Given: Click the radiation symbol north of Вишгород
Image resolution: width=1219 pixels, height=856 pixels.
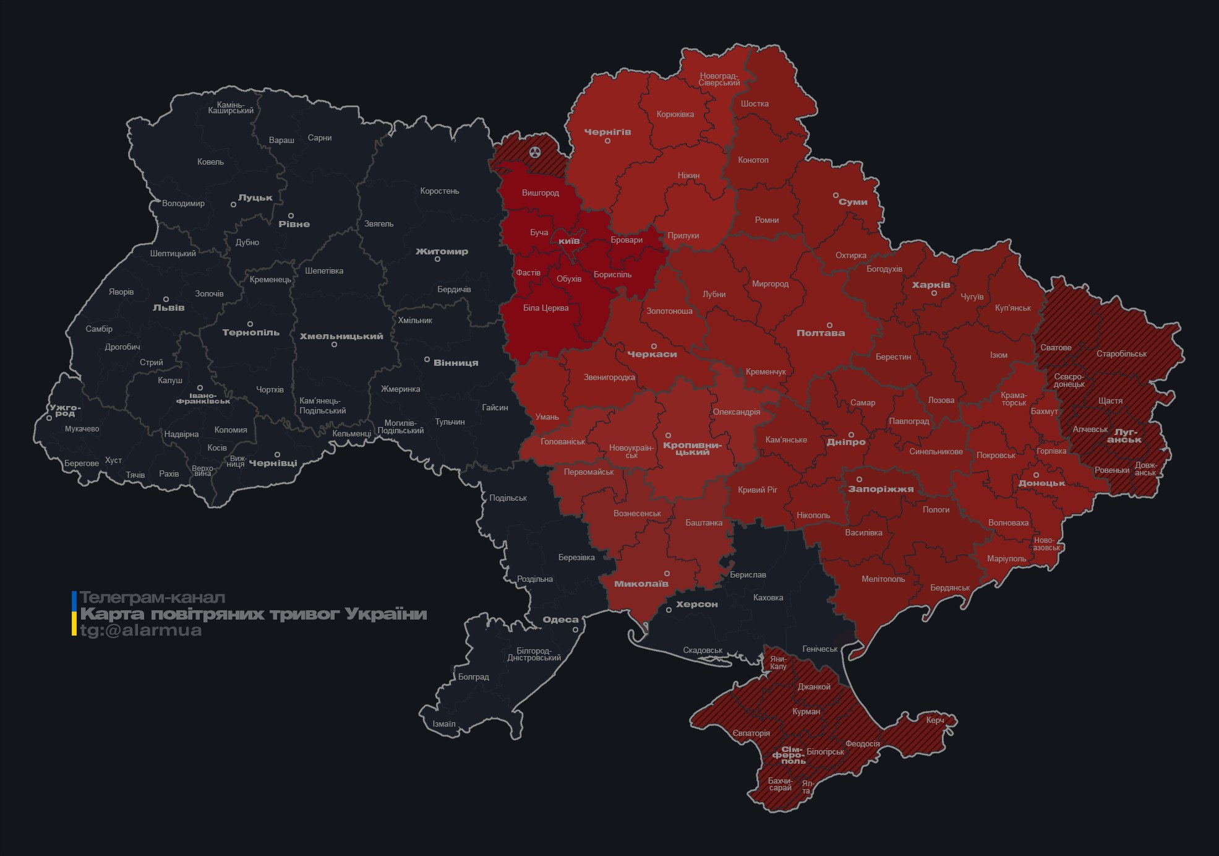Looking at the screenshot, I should click(535, 152).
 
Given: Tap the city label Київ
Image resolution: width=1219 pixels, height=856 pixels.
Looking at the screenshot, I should click(569, 241).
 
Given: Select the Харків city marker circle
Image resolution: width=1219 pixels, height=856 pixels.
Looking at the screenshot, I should click(935, 293).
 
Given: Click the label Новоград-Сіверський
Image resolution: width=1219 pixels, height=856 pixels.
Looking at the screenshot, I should click(719, 79).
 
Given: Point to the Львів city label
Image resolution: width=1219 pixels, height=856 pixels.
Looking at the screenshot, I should click(168, 308).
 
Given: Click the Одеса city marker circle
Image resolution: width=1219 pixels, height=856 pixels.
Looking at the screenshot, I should click(575, 630).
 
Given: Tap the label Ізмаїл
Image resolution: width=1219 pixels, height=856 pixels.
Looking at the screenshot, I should click(444, 724).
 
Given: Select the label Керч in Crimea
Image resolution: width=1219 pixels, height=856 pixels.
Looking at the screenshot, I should click(935, 720).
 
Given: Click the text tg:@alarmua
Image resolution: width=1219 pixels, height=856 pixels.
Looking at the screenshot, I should click(141, 631).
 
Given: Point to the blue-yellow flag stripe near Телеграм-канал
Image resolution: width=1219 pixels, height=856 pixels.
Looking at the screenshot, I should click(74, 613).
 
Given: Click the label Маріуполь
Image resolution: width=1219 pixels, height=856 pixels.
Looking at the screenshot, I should click(1006, 559).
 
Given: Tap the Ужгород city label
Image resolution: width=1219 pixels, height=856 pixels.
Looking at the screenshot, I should click(64, 410).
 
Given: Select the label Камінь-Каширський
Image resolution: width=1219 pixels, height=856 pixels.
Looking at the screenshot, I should click(231, 108).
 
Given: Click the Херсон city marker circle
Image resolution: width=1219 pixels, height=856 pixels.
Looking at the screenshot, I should click(669, 610).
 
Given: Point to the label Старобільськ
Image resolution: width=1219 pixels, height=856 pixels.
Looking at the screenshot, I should click(1121, 354).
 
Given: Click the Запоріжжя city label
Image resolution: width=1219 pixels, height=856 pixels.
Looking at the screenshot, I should click(881, 489).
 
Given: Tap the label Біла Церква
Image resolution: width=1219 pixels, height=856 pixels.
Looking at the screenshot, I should click(545, 308).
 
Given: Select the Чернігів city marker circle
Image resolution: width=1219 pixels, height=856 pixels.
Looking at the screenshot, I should click(607, 141).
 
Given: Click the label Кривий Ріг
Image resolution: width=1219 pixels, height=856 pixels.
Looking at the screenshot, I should click(758, 490).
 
